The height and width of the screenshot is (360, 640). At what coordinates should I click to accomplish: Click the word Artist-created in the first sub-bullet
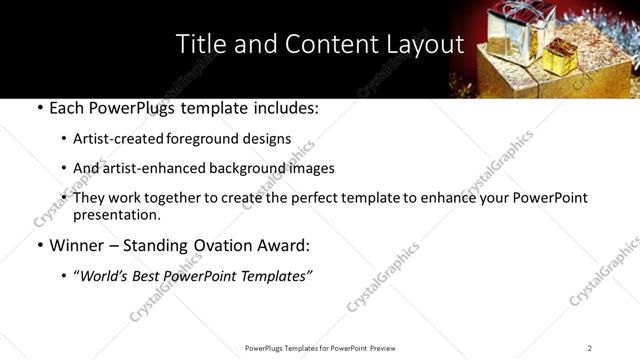116,138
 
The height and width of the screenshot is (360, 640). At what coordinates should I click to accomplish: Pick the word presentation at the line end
115,214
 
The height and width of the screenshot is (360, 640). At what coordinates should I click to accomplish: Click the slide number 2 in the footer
589,347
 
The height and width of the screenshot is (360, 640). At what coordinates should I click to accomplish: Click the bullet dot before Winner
38,245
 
